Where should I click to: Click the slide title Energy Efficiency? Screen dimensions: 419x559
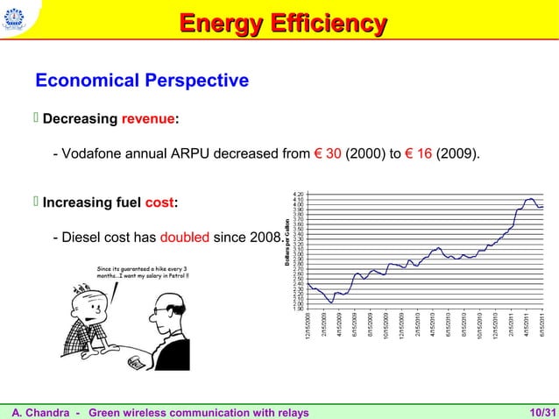tap(279, 25)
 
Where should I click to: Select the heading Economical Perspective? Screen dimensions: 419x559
tap(142, 82)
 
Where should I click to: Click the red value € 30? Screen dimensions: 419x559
tap(327, 155)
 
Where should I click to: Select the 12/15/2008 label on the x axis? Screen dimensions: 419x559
tap(308, 329)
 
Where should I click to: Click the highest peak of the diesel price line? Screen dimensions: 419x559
tap(529, 199)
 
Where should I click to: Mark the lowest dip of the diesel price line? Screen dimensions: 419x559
tap(330, 302)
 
